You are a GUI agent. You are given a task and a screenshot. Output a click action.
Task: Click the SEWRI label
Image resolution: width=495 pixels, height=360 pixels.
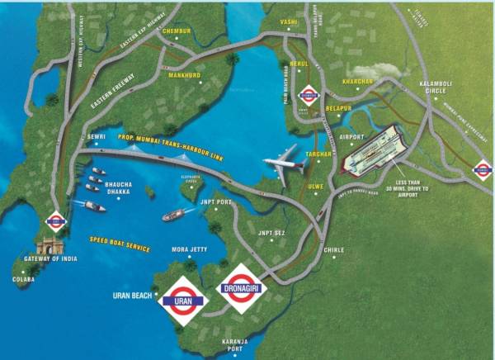click(98, 137)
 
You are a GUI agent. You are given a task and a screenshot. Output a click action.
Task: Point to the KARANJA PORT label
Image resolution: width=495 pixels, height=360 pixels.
click(231, 343)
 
